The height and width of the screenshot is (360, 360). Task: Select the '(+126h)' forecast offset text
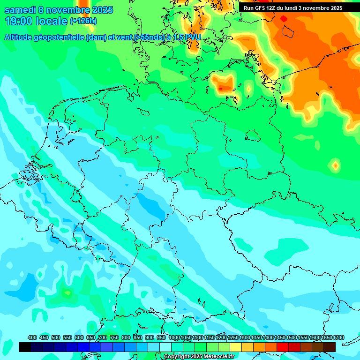(83, 21)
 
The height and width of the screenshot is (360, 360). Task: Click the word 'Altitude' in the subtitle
(20, 37)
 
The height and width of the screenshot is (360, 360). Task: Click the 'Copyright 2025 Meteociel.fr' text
(199, 357)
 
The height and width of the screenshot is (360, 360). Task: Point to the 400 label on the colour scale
(32, 337)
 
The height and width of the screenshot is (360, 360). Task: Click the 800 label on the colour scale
(126, 337)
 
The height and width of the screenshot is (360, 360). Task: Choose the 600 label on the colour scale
(79, 337)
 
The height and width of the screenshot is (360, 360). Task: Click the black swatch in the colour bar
(25, 347)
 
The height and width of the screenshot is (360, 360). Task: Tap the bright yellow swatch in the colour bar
(236, 347)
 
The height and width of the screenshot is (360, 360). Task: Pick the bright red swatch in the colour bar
(283, 347)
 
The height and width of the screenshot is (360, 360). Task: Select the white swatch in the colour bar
(165, 347)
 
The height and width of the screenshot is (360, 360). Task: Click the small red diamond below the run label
(284, 18)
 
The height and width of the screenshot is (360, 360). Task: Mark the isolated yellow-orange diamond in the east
(335, 165)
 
